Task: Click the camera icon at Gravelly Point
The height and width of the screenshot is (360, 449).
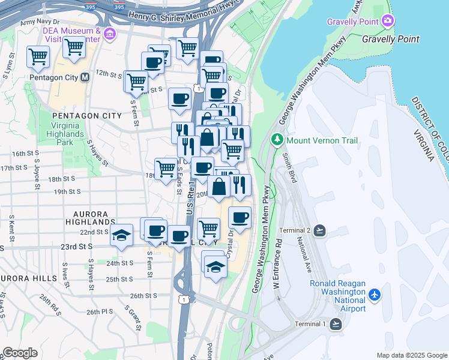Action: pyautogui.click(x=388, y=22)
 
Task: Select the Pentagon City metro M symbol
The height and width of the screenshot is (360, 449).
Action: pyautogui.click(x=85, y=77)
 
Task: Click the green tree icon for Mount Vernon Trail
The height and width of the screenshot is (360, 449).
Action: pyautogui.click(x=277, y=140)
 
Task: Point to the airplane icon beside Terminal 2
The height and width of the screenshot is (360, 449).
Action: pyautogui.click(x=319, y=230)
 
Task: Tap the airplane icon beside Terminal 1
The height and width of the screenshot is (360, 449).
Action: pyautogui.click(x=336, y=324)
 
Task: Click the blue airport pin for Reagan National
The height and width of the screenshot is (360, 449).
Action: pyautogui.click(x=375, y=295)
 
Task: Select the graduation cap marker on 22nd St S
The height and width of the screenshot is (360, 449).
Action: pyautogui.click(x=122, y=235)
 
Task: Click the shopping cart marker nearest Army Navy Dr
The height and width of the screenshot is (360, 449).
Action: pyautogui.click(x=38, y=57)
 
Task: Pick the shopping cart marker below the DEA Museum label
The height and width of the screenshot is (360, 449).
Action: pyautogui.click(x=74, y=46)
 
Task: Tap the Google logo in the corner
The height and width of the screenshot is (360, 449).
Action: pyautogui.click(x=20, y=353)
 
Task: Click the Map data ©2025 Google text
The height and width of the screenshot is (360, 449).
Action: pyautogui.click(x=411, y=355)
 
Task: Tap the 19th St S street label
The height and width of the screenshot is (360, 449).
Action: pyautogui.click(x=68, y=192)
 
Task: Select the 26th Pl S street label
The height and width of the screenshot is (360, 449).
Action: pyautogui.click(x=99, y=312)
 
